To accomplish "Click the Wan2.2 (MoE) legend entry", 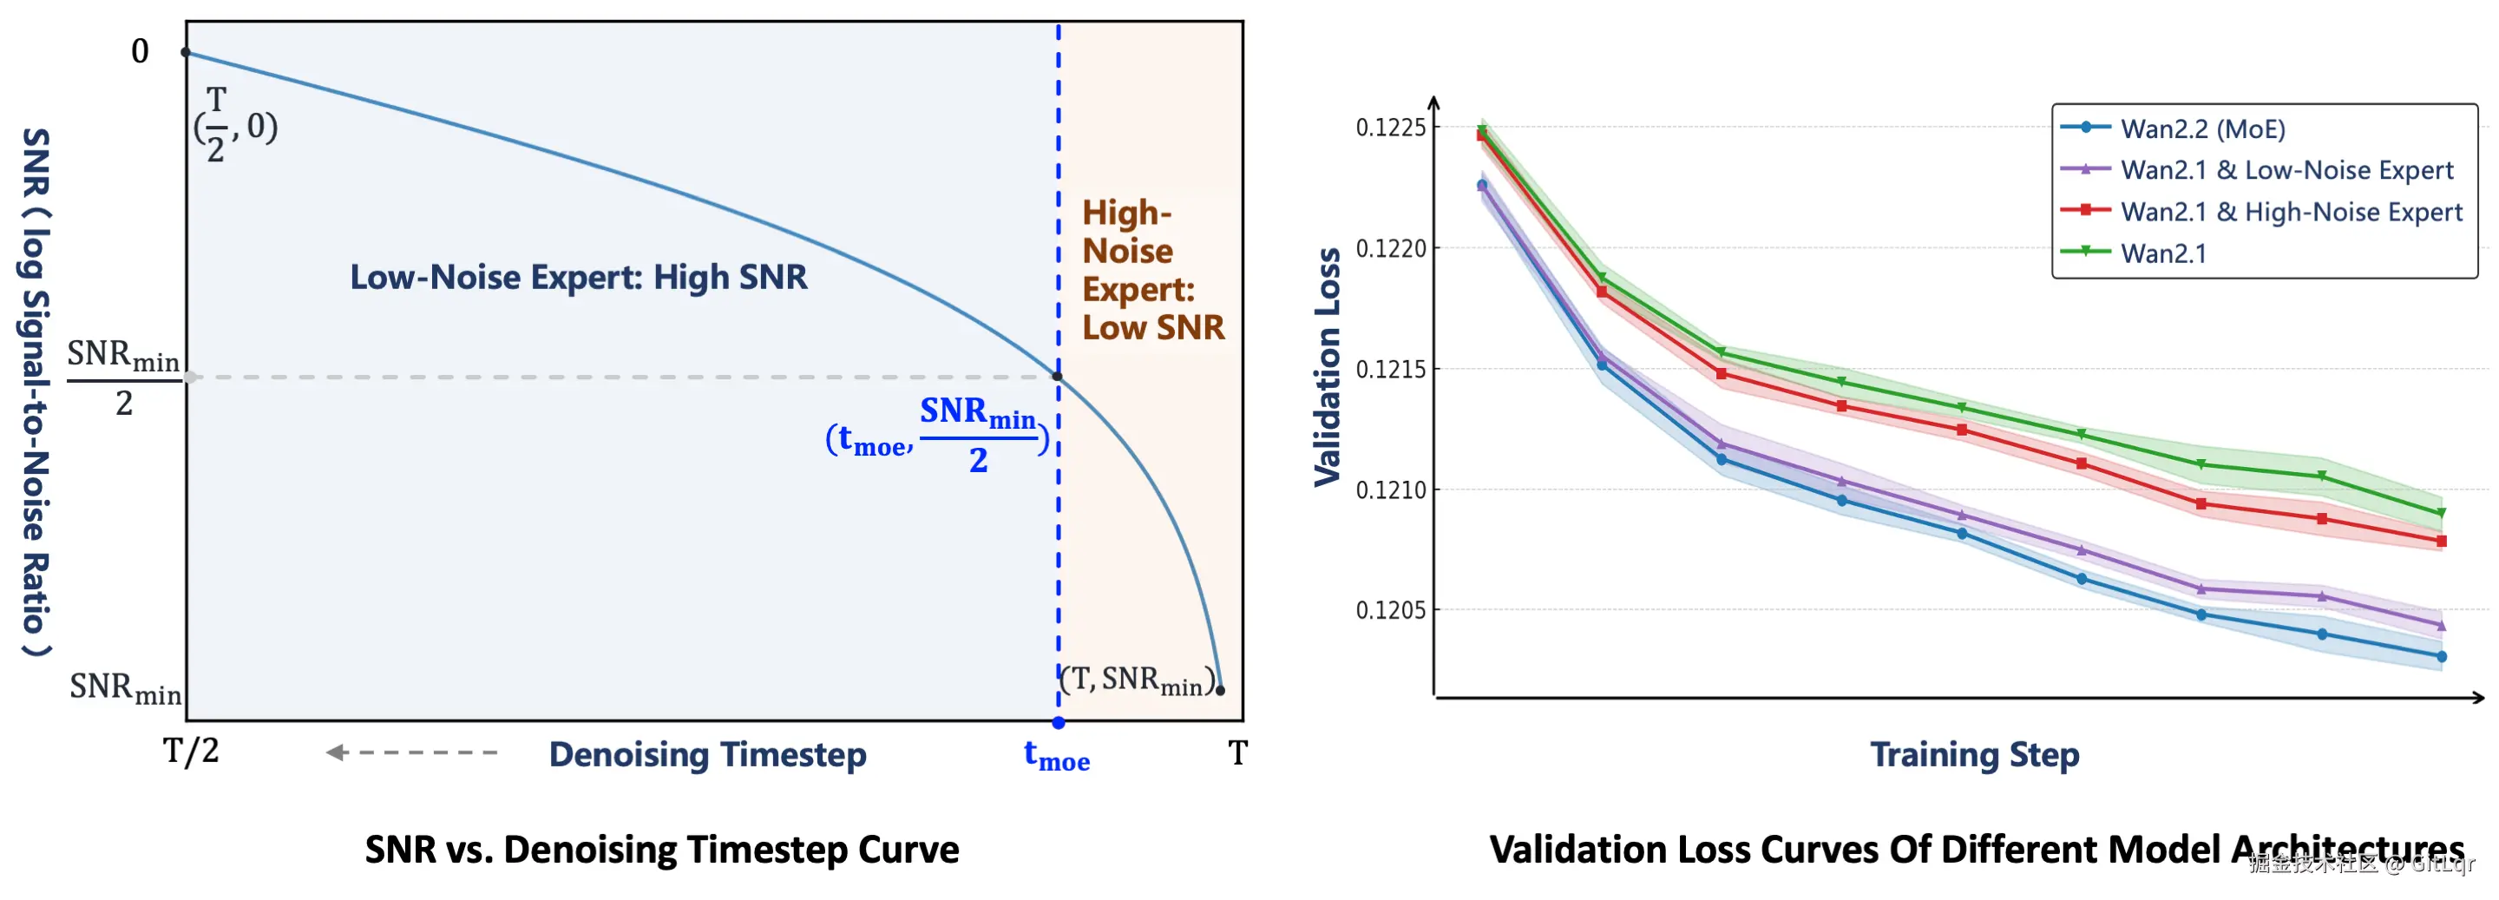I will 2202,129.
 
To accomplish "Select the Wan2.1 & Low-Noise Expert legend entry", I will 2286,171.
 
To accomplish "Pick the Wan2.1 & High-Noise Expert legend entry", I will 2291,213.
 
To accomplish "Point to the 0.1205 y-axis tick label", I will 1391,611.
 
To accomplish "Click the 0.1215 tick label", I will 1391,370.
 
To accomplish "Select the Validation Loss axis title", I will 1327,366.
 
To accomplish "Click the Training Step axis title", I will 1974,754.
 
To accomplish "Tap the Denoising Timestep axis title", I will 707,754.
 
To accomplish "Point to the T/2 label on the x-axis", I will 191,752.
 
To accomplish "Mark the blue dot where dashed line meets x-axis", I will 1059,723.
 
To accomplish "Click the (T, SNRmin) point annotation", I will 1137,680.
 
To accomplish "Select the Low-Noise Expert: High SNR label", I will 578,278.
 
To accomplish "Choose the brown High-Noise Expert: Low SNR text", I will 1152,271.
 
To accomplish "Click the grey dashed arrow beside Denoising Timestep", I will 412,752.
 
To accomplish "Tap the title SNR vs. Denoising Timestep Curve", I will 661,850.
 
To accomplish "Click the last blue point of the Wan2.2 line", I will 2441,658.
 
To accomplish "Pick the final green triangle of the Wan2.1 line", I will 2441,513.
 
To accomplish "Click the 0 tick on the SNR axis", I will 141,51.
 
